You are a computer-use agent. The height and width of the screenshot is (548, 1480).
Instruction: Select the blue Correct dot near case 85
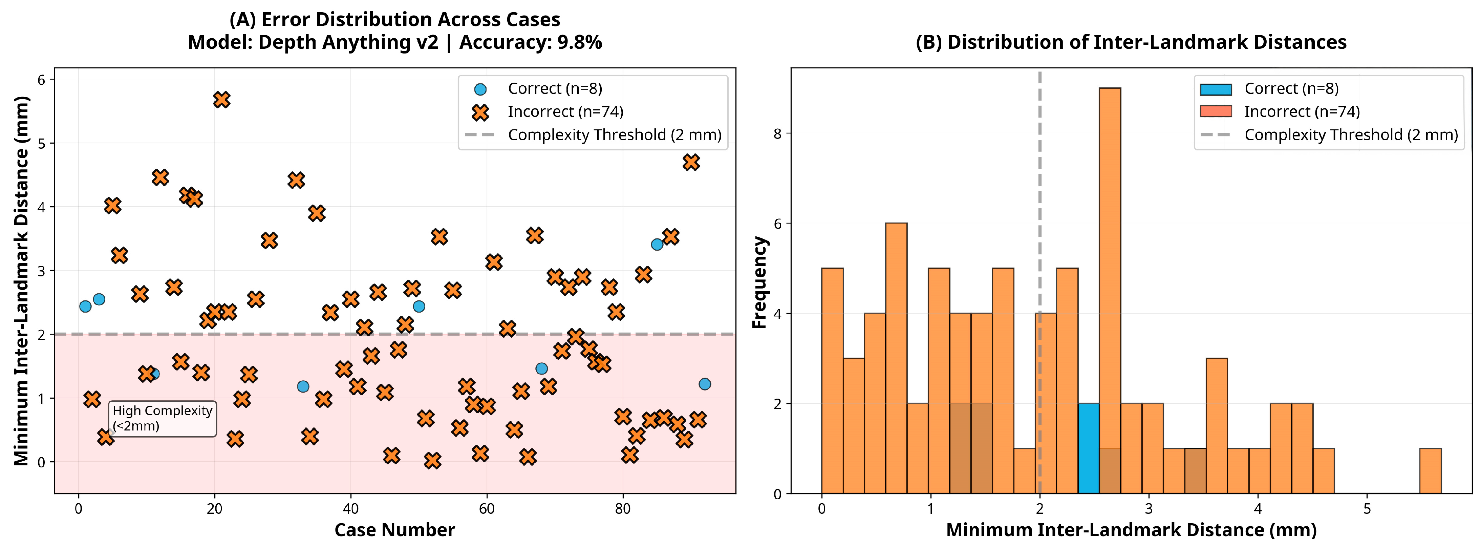tap(657, 244)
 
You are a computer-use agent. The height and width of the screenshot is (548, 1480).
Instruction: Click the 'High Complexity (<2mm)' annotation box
tap(163, 418)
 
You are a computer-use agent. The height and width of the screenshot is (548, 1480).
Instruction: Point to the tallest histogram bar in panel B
tap(1110, 287)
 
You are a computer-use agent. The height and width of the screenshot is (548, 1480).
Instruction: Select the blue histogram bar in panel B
tap(1088, 448)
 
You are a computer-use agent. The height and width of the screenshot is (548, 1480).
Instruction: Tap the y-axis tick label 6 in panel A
tap(41, 80)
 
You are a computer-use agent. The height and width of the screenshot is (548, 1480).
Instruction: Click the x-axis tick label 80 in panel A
tap(622, 509)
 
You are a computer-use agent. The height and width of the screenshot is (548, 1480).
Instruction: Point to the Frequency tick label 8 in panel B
tap(777, 134)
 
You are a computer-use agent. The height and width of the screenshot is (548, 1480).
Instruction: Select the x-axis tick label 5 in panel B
tap(1367, 509)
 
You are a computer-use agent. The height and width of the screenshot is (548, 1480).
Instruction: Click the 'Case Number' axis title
tap(395, 530)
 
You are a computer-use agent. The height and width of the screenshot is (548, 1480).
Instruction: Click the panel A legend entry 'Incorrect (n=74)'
tap(565, 111)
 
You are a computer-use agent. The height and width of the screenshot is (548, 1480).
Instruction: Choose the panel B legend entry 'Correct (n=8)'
tap(1291, 88)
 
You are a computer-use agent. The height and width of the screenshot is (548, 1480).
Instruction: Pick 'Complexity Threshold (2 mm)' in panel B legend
tap(1351, 135)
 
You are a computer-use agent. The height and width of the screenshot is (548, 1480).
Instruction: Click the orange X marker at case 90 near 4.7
tap(691, 163)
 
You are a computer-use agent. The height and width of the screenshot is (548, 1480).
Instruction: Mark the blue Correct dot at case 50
tap(419, 306)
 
